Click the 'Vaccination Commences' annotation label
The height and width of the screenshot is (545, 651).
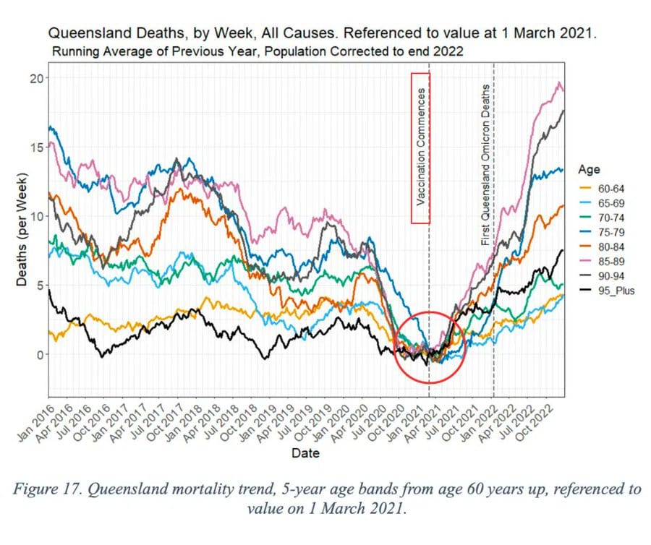421,148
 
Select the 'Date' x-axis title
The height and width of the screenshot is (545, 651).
305,454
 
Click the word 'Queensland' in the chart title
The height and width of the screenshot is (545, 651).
88,33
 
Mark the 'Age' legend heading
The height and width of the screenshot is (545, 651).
589,170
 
